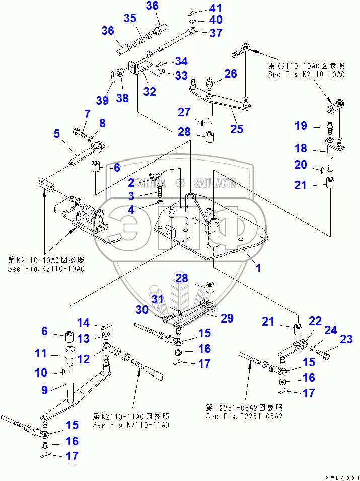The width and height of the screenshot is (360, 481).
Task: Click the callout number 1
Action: point(258,268)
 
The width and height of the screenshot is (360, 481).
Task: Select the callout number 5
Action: point(56,134)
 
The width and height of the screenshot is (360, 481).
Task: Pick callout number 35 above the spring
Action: point(130,18)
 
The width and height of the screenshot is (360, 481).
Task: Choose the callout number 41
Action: point(201,8)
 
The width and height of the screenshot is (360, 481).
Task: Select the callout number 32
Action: point(150,92)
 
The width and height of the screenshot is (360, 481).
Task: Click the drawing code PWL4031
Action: point(342,475)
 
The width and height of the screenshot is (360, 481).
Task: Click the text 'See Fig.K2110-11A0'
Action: point(130,425)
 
